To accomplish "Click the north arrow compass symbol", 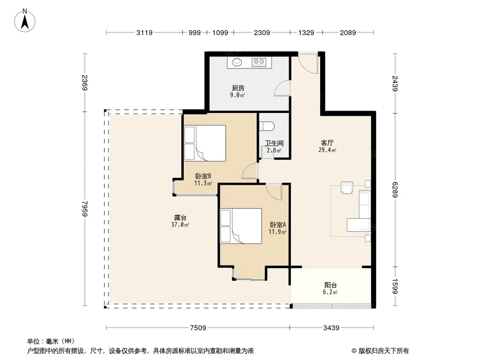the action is point(25,21).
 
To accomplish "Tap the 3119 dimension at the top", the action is point(144,32).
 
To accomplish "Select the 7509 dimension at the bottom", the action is point(198,328).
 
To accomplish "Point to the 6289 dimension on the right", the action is point(395,189).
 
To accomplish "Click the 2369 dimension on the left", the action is point(85,83).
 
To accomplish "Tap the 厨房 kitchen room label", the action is point(238,88).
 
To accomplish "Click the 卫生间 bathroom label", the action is point(274,143).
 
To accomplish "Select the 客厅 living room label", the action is point(327,143).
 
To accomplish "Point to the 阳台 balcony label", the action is point(331,285).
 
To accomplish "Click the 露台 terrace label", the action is point(180,217).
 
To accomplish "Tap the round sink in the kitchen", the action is point(237,62).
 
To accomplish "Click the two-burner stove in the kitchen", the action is point(258,62).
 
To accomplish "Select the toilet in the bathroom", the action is point(267,126).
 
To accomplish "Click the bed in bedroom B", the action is point(205,143).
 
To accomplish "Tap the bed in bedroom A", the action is point(241,226).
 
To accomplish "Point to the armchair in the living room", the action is point(347,188).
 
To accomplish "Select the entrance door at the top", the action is point(308,63).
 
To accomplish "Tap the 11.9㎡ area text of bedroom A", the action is point(277,232).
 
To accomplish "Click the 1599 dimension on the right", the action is point(395,286).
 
